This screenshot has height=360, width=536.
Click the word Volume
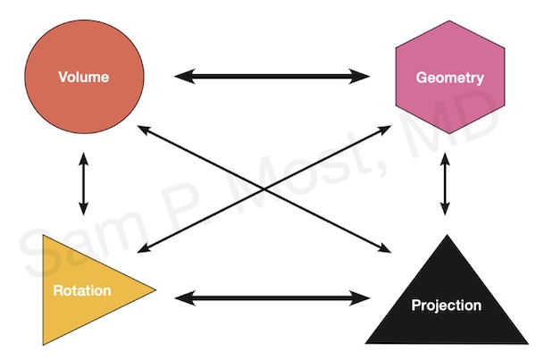pos(83,77)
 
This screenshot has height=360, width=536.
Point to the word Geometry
pos(449,78)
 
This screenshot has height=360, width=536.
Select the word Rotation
pos(81,291)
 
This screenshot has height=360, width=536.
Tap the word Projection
pos(446,306)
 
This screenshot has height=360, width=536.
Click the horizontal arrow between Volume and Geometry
pos(272,77)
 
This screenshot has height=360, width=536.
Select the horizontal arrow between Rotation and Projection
pos(272,297)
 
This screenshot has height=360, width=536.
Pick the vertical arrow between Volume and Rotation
pos(83,184)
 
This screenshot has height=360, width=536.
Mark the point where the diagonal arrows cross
pos(265,189)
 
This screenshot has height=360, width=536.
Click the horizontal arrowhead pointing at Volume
pos(182,77)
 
